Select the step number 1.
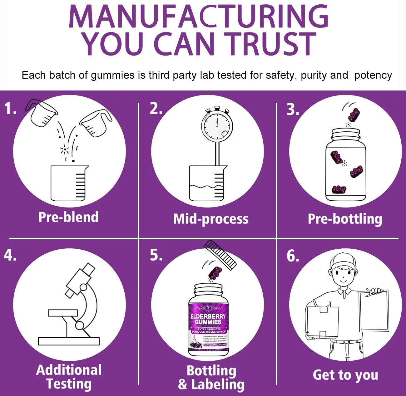pyautogui.click(x=10, y=109)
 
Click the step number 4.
pyautogui.click(x=10, y=255)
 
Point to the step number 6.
pyautogui.click(x=293, y=256)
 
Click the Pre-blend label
pyautogui.click(x=68, y=217)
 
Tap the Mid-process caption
pyautogui.click(x=211, y=219)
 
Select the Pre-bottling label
pyautogui.click(x=345, y=219)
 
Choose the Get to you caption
pyautogui.click(x=345, y=375)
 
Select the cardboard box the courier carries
pyautogui.click(x=322, y=321)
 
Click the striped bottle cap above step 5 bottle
pyautogui.click(x=220, y=255)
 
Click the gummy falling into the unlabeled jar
pyautogui.click(x=354, y=115)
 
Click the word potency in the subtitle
pyautogui.click(x=373, y=75)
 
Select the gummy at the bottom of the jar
pyautogui.click(x=339, y=189)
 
